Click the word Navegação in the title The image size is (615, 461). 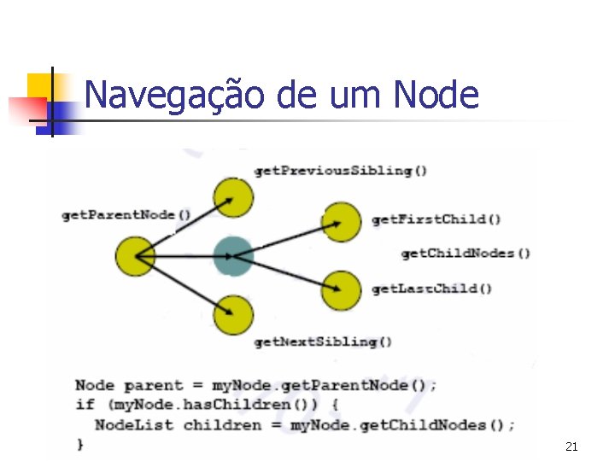(x=174, y=95)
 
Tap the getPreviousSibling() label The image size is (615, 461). (x=340, y=171)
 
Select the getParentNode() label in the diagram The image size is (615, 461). (x=126, y=215)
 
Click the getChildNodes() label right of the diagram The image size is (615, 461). (x=466, y=253)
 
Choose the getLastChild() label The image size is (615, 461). (x=431, y=289)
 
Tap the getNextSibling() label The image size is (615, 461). (x=323, y=342)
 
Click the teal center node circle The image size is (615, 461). (x=232, y=255)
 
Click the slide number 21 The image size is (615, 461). (x=571, y=446)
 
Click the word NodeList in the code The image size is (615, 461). (x=133, y=424)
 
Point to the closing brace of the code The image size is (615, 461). (x=80, y=444)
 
